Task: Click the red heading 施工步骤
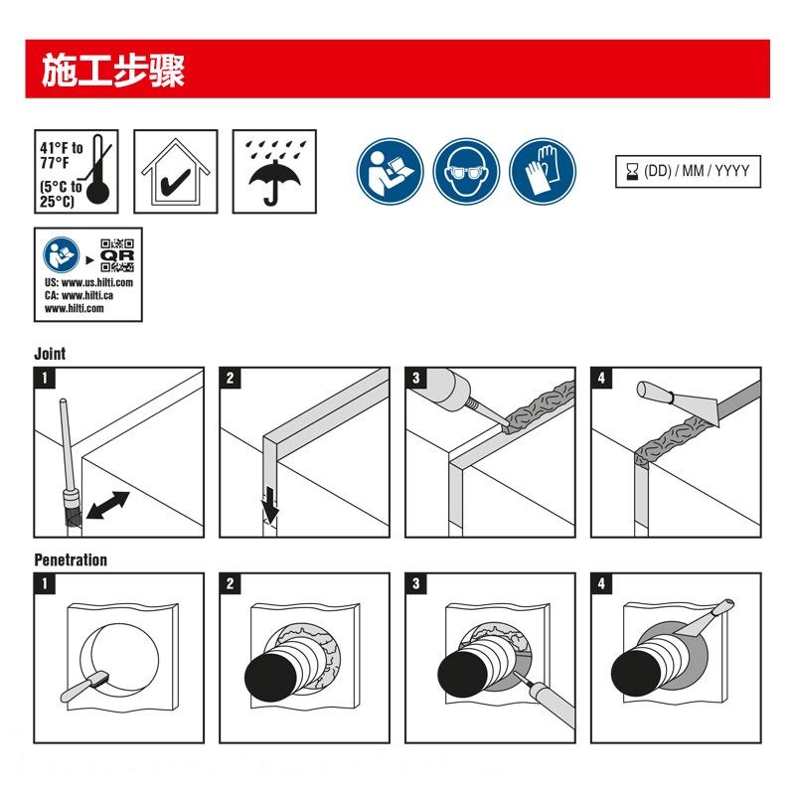point(113,70)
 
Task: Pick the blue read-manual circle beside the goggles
point(392,170)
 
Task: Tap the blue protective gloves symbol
point(544,170)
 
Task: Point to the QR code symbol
point(117,256)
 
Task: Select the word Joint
point(50,354)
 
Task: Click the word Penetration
point(71,559)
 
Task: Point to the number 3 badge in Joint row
point(416,379)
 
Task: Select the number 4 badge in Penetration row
point(602,584)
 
